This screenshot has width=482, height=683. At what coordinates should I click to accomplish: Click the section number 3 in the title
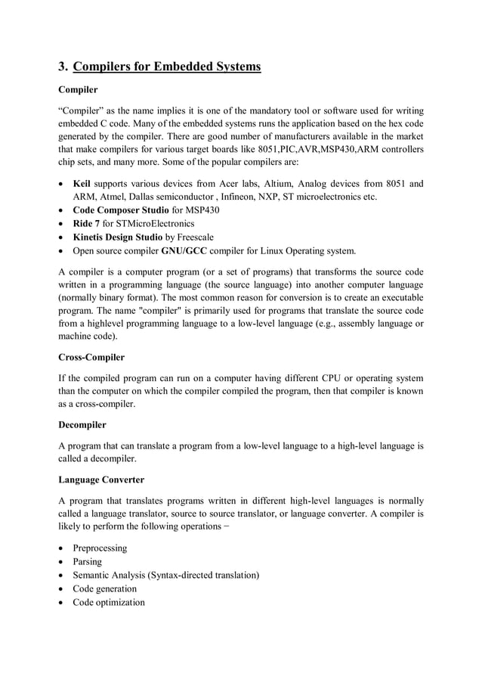pos(63,67)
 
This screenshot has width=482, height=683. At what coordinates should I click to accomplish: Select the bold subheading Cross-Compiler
pos(91,356)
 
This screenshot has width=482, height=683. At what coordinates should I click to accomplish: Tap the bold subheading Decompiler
pos(82,425)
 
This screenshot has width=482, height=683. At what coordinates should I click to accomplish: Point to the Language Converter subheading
pos(100,480)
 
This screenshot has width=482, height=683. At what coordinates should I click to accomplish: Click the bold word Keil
pos(82,183)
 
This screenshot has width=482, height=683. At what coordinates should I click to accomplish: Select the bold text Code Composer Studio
pos(121,210)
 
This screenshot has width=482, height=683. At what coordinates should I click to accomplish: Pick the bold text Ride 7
pos(86,224)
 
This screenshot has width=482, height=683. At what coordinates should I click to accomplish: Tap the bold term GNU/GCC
pos(184,251)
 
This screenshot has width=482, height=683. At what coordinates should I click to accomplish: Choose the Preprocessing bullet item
pos(100,548)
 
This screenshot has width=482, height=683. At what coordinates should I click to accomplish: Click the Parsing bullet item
pos(88,561)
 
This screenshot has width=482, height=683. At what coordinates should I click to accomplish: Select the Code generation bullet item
pos(105,588)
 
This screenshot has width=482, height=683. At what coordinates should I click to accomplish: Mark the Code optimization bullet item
pos(109,602)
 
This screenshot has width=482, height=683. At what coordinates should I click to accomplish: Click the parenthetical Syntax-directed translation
pos(205,575)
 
